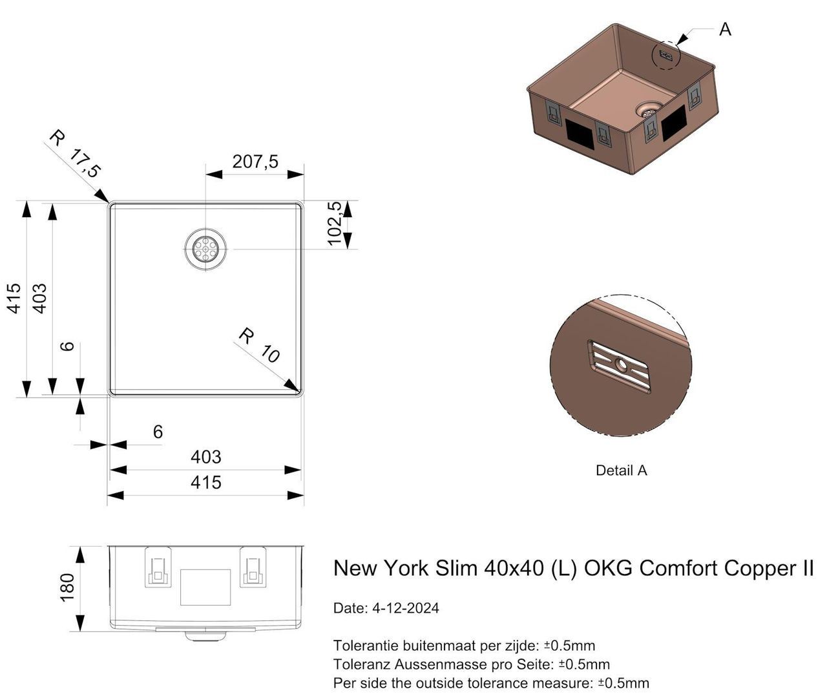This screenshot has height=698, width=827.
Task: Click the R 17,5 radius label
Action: pyautogui.click(x=76, y=154)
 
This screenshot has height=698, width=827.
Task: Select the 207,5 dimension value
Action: pyautogui.click(x=255, y=161)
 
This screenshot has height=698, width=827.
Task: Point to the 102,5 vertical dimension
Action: pyautogui.click(x=334, y=223)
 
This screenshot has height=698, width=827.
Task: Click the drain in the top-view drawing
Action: pyautogui.click(x=205, y=249)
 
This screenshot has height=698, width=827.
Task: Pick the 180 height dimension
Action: pyautogui.click(x=67, y=587)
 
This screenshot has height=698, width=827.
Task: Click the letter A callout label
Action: pyautogui.click(x=725, y=30)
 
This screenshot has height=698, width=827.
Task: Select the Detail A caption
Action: pyautogui.click(x=621, y=471)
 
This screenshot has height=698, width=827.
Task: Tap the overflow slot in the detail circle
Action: pyautogui.click(x=620, y=366)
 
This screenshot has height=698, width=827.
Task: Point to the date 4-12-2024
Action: pyautogui.click(x=405, y=608)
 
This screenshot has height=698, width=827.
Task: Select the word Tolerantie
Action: pyautogui.click(x=365, y=645)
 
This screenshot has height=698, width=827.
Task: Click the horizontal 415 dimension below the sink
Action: pyautogui.click(x=205, y=482)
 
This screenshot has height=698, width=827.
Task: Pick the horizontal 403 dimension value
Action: pyautogui.click(x=205, y=457)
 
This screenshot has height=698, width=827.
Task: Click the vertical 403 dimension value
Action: pyautogui.click(x=39, y=298)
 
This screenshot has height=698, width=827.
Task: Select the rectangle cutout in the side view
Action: pyautogui.click(x=205, y=587)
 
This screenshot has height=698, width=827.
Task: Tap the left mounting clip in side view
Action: pyautogui.click(x=158, y=567)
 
